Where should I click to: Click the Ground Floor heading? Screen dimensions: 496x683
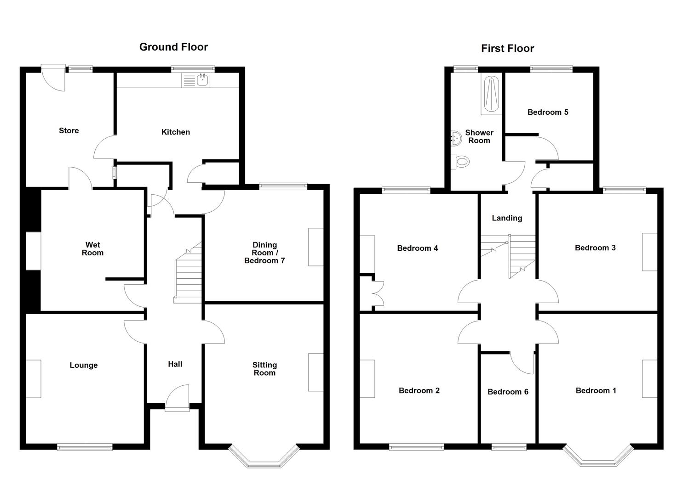click(173, 47)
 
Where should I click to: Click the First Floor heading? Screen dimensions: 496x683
click(507, 48)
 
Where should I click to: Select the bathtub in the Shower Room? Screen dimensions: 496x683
click(492, 94)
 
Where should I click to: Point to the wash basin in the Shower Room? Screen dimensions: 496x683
click(456, 136)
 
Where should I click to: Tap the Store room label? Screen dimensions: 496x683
click(69, 130)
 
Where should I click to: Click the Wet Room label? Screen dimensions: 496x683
click(92, 248)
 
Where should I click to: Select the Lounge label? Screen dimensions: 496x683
click(84, 365)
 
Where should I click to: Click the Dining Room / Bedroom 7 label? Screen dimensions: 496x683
click(264, 253)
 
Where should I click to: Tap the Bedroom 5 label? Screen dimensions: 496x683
click(548, 112)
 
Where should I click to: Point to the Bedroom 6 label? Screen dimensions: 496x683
click(508, 392)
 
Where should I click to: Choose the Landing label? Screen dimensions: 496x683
click(507, 218)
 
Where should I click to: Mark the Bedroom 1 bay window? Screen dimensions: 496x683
click(598, 459)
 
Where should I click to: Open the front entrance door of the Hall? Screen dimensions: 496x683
click(177, 400)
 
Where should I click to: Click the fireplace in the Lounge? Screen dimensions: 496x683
click(33, 379)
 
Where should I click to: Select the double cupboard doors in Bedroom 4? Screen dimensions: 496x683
click(378, 294)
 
